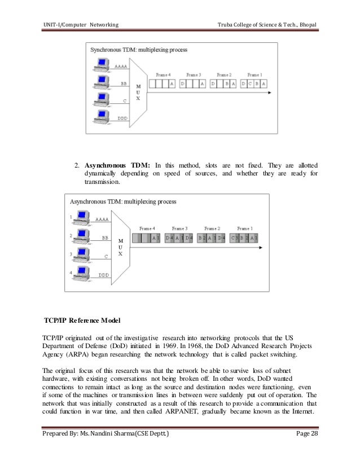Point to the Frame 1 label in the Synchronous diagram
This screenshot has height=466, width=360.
(x=254, y=75)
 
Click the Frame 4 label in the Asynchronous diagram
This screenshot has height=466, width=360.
(x=147, y=228)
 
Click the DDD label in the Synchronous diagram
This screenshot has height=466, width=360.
(x=122, y=118)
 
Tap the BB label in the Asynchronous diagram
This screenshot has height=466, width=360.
(x=104, y=238)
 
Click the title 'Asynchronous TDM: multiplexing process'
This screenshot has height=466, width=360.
(x=122, y=201)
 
